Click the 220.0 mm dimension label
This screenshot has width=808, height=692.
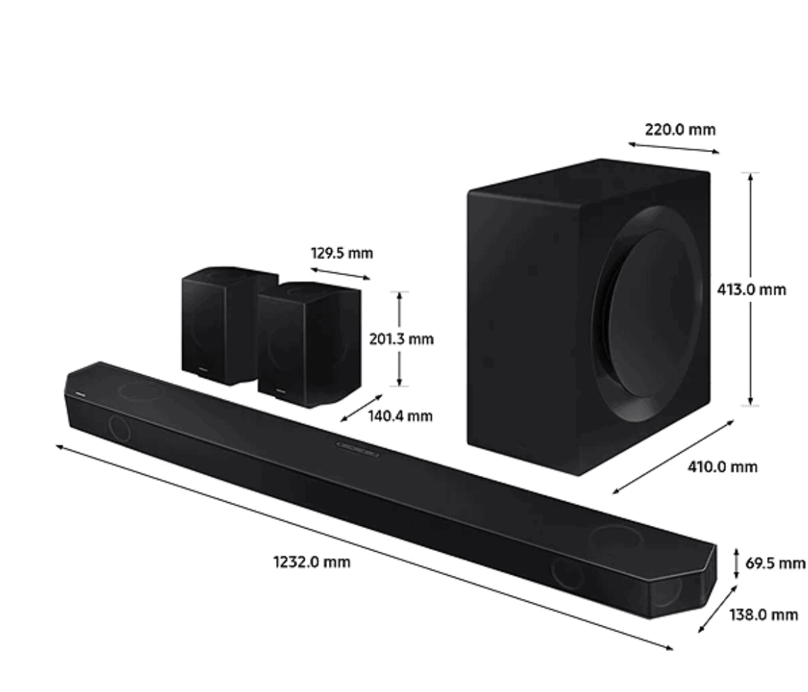679,129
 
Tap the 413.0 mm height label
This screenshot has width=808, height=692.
752,289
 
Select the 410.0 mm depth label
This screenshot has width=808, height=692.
722,467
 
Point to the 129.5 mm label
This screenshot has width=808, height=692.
341,253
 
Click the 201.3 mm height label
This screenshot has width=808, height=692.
401,339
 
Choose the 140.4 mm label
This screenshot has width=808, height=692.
400,416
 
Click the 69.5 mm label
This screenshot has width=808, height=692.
775,563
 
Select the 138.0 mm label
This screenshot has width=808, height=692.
763,614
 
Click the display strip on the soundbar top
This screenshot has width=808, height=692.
357,448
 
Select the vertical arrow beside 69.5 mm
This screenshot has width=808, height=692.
736,563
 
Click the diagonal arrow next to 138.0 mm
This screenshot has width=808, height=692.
717,609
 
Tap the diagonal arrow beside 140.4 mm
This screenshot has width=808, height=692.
361,408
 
